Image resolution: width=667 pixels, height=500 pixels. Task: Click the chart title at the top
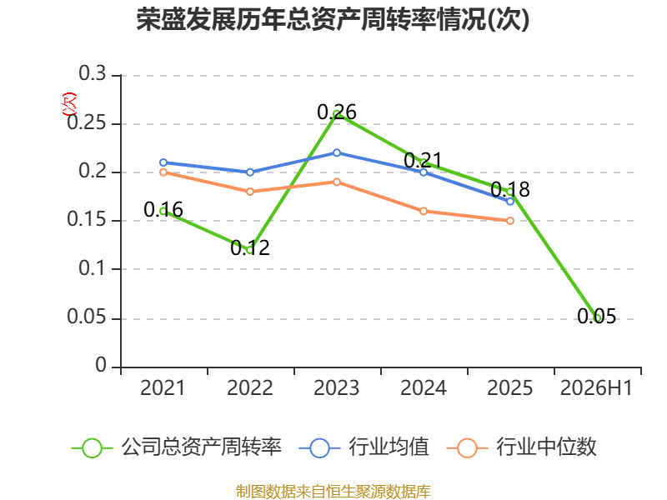[333, 19]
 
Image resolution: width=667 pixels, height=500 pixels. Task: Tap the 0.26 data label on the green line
[337, 112]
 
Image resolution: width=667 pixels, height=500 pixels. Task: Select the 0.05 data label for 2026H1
[596, 317]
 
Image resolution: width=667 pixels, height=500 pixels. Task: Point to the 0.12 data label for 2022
[250, 247]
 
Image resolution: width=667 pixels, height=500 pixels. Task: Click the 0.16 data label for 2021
[163, 210]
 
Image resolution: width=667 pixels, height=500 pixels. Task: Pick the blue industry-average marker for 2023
[337, 152]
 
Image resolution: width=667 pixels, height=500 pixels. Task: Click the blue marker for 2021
[163, 162]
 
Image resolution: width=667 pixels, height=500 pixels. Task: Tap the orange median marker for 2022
[250, 192]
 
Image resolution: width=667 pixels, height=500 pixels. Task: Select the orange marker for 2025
[510, 221]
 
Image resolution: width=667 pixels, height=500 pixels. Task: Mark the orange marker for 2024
[424, 212]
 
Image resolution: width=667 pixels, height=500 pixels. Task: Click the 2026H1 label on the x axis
[596, 388]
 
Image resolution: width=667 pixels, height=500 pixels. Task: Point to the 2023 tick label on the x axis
[337, 388]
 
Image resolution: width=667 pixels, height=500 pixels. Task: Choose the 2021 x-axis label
[163, 388]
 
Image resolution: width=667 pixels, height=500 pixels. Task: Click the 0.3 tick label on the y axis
[93, 73]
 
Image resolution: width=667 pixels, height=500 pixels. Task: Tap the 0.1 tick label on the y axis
[93, 268]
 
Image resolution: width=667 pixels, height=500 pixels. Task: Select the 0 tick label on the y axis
[101, 365]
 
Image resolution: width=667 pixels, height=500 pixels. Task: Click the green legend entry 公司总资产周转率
[177, 447]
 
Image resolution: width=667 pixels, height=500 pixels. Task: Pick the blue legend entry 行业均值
[364, 447]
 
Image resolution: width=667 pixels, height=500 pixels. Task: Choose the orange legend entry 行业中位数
[522, 447]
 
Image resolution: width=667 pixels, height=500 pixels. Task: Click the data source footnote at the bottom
[333, 492]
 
